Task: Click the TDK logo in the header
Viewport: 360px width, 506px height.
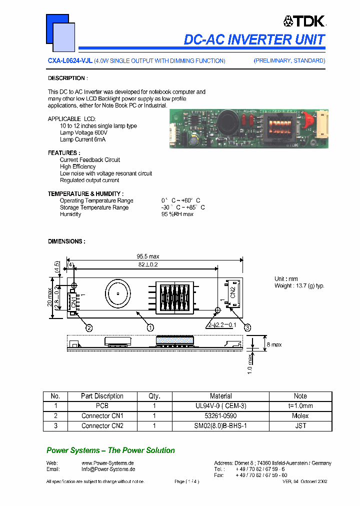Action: [304, 20]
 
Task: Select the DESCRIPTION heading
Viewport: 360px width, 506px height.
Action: [67, 78]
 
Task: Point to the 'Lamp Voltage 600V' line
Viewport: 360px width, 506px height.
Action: [83, 133]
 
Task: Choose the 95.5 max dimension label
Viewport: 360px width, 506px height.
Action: [147, 256]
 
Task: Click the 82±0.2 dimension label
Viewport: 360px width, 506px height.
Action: [148, 264]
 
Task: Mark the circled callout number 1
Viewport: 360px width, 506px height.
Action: [150, 327]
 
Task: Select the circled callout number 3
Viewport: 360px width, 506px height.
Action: [247, 327]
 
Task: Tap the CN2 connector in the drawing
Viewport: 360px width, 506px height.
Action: [232, 294]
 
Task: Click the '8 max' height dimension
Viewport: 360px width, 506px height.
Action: [273, 345]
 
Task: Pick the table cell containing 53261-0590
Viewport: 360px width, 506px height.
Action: [220, 416]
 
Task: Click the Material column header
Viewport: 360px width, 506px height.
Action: [220, 396]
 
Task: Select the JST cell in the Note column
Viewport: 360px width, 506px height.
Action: [300, 426]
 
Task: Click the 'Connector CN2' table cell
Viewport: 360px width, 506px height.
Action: [102, 426]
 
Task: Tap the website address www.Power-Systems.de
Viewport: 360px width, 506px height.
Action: [107, 463]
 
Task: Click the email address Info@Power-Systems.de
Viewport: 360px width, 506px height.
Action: [108, 469]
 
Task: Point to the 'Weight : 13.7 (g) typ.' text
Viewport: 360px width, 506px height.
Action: [299, 286]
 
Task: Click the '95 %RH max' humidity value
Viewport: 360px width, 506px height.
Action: [177, 214]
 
